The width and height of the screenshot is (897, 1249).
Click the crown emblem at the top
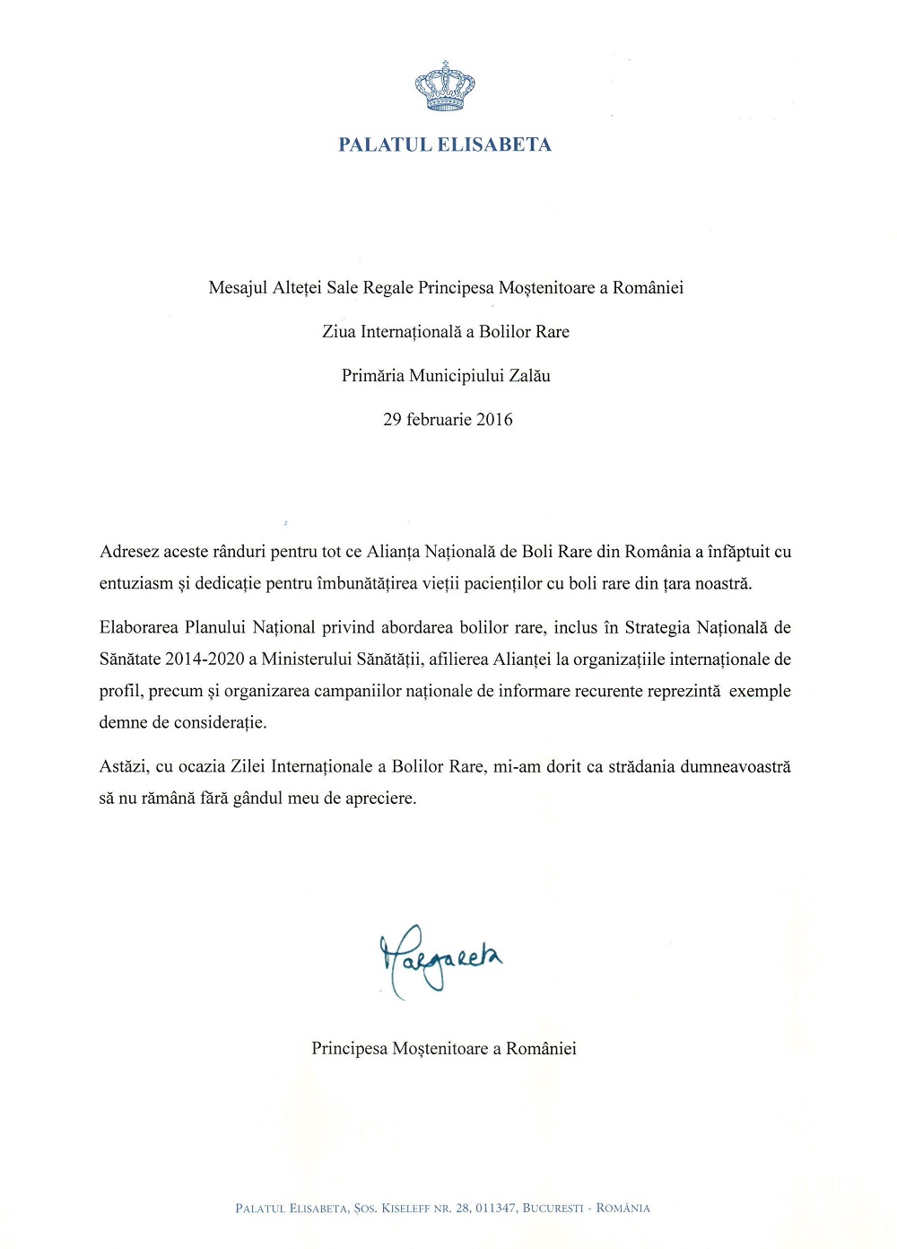tap(445, 86)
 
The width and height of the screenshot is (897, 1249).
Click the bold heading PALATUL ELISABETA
tap(445, 144)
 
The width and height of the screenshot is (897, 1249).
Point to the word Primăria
tap(373, 376)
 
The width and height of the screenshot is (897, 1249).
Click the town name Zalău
tap(529, 376)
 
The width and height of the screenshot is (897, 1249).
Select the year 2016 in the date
tap(494, 420)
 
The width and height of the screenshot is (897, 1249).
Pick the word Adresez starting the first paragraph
tap(129, 552)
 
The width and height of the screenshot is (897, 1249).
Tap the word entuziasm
tap(135, 584)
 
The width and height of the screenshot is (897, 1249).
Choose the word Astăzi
tap(123, 767)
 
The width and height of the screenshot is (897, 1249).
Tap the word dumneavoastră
tap(736, 767)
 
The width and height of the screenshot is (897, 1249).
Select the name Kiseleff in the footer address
tap(406, 1209)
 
